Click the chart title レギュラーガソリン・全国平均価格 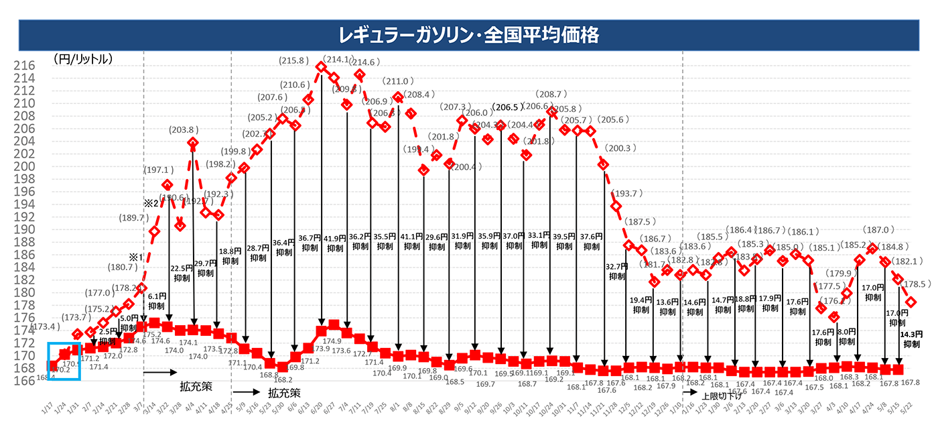468,34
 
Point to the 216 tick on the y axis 25,66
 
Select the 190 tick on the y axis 25,229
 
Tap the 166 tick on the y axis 25,380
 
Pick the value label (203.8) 182,130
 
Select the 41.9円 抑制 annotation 335,242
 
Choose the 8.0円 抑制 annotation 847,336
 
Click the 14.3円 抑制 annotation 911,339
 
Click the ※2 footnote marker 150,203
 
